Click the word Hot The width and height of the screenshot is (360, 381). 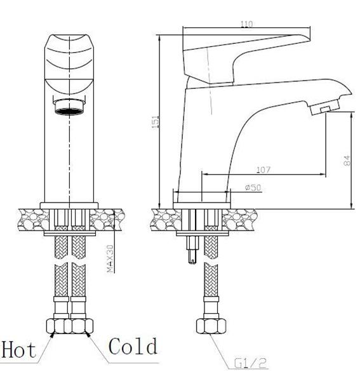[x=19, y=349]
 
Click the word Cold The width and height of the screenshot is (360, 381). [x=133, y=346]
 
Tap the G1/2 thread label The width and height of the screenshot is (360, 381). [x=251, y=363]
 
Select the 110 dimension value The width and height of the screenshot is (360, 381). [x=246, y=24]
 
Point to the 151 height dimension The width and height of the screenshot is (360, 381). [x=156, y=123]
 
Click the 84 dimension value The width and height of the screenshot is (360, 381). [x=347, y=161]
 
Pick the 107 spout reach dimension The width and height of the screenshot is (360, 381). [x=263, y=170]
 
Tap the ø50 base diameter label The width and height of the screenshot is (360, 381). [x=253, y=187]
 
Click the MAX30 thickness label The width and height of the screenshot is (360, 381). [x=110, y=259]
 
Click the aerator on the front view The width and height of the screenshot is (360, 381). [x=69, y=106]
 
